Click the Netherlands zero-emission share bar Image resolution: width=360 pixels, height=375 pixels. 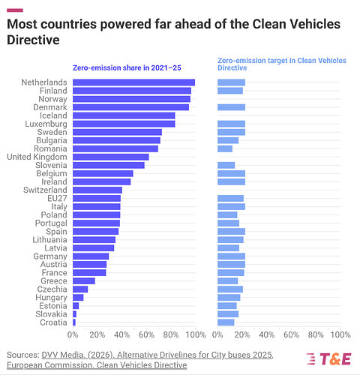point(133,82)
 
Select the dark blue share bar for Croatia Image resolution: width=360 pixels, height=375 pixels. point(74,322)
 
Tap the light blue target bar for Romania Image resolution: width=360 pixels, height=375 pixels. point(225,148)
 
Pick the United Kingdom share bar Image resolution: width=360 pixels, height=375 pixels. point(111,157)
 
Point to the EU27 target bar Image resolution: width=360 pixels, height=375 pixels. point(230,198)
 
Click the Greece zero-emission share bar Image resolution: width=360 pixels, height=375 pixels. point(84,281)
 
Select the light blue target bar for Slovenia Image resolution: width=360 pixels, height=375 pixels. point(226,165)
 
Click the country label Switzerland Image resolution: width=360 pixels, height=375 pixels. point(45,190)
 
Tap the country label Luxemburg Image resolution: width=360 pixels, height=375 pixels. point(46,124)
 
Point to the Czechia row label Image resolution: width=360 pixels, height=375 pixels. point(52,289)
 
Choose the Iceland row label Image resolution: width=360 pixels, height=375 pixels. point(53,115)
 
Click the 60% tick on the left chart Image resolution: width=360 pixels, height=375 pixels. point(146,334)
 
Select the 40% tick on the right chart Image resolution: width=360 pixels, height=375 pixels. point(266,334)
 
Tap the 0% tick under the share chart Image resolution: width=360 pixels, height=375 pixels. point(73,334)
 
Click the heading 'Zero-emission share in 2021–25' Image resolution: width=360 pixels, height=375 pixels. point(127,68)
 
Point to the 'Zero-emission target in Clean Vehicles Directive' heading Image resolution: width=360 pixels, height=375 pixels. point(282,64)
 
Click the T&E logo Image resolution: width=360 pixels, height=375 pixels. point(328,359)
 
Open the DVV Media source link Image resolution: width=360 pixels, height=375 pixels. point(157,355)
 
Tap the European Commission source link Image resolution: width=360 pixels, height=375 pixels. point(97,365)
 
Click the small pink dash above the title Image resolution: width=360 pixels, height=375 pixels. point(15,10)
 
